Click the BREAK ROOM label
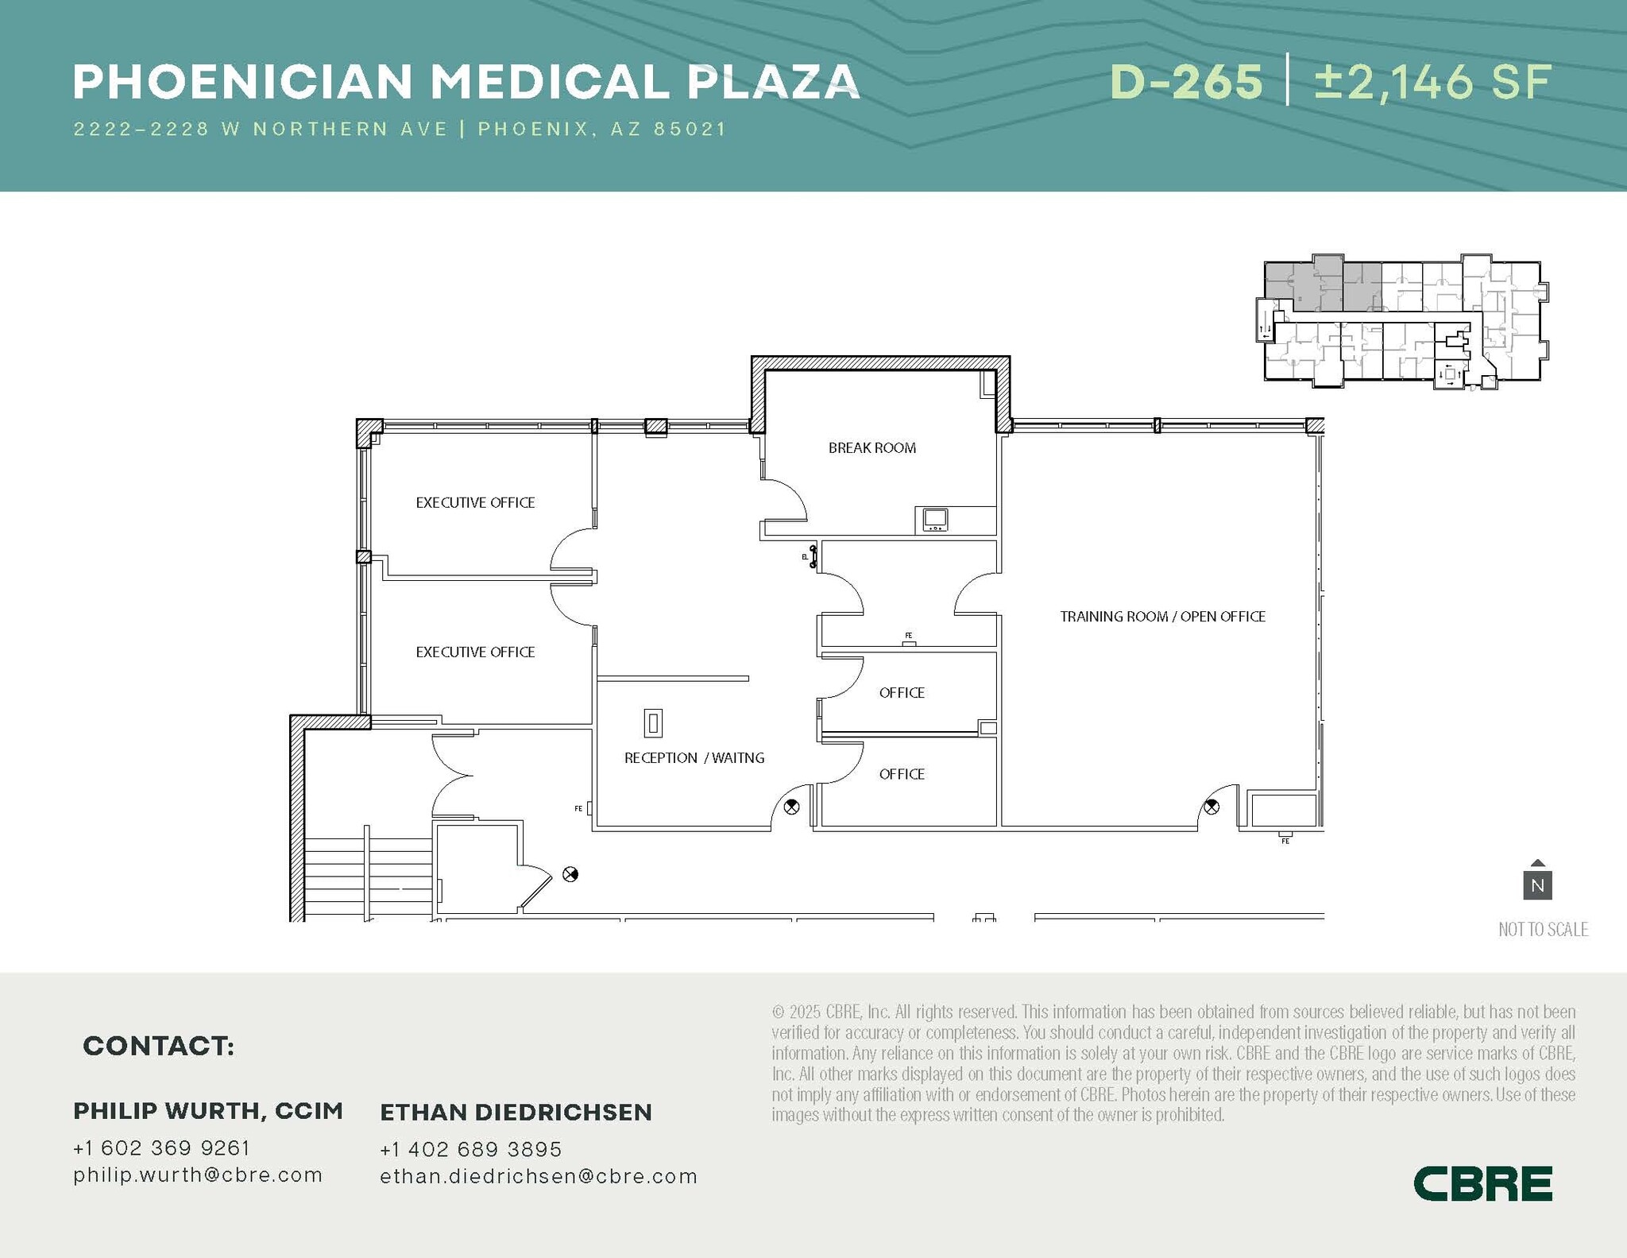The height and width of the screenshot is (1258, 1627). coord(871,448)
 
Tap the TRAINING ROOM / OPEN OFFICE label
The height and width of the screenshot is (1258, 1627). coord(1162,617)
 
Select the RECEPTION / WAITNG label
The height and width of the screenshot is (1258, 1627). coord(694,758)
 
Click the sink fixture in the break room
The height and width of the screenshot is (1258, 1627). coord(934,520)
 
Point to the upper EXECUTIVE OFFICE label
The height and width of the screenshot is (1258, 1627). coord(475,503)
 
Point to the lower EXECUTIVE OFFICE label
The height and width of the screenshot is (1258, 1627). coord(475,652)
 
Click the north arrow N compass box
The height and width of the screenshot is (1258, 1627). coord(1537,884)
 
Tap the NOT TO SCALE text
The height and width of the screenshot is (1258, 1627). coord(1543,929)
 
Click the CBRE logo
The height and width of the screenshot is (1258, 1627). coord(1482,1184)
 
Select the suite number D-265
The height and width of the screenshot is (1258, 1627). coord(1186,82)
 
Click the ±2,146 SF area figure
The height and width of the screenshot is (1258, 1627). coord(1432,82)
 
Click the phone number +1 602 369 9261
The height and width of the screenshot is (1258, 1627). coord(161,1148)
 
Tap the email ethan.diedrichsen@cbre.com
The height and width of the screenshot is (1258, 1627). coord(538,1176)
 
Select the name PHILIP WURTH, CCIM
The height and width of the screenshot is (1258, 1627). coord(208,1111)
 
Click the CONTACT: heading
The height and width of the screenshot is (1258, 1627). coord(158,1046)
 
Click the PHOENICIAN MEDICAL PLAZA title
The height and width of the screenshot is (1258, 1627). coord(466,82)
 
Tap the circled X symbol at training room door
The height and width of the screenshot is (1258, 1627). coord(1211,807)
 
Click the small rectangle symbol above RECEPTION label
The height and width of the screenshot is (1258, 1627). coord(652,723)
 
